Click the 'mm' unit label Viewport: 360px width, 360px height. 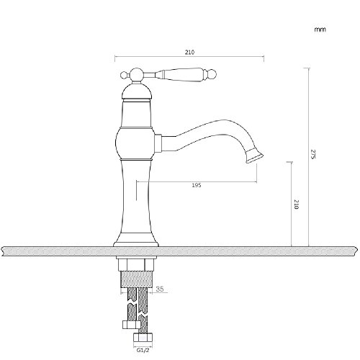(x=320, y=30)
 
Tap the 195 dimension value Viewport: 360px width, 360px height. (x=197, y=185)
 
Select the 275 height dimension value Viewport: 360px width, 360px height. (x=313, y=154)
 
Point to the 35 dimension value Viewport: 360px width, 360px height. (x=160, y=289)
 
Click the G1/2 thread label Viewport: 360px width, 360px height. (x=143, y=350)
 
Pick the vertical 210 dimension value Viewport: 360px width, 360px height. (x=297, y=204)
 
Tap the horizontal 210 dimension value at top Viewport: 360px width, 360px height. (x=189, y=52)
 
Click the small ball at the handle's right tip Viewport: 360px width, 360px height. (x=213, y=74)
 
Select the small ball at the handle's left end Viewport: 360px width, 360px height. (x=124, y=75)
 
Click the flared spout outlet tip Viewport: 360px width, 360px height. (x=255, y=156)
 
